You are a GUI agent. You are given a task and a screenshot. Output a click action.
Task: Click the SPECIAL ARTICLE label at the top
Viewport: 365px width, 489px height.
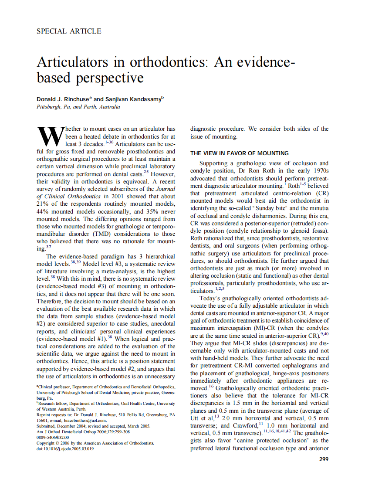coord(69,31)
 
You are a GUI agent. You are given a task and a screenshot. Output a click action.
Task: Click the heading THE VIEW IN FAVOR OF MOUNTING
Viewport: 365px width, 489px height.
coord(239,153)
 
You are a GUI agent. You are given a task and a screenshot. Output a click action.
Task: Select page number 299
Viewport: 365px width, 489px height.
coord(324,459)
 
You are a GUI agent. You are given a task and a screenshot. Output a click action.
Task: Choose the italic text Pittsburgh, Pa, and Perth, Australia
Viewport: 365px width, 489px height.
coord(78,107)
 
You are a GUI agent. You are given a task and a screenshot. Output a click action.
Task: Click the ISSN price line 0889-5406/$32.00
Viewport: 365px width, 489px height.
coord(53,437)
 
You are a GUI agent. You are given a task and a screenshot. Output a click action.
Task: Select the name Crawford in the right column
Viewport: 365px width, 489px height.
coord(250,426)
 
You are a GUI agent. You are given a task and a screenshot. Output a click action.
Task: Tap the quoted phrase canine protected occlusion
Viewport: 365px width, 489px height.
coord(276,441)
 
